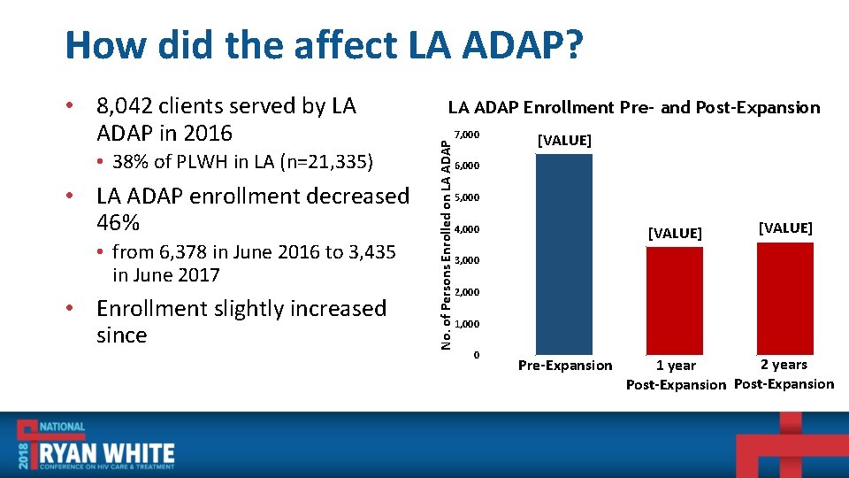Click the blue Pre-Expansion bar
click(564, 254)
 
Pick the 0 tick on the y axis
click(477, 355)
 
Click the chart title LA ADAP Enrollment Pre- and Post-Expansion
click(633, 108)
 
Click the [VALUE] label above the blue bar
click(564, 141)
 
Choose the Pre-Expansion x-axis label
click(564, 366)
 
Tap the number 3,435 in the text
click(361, 252)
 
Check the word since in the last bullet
click(121, 335)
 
